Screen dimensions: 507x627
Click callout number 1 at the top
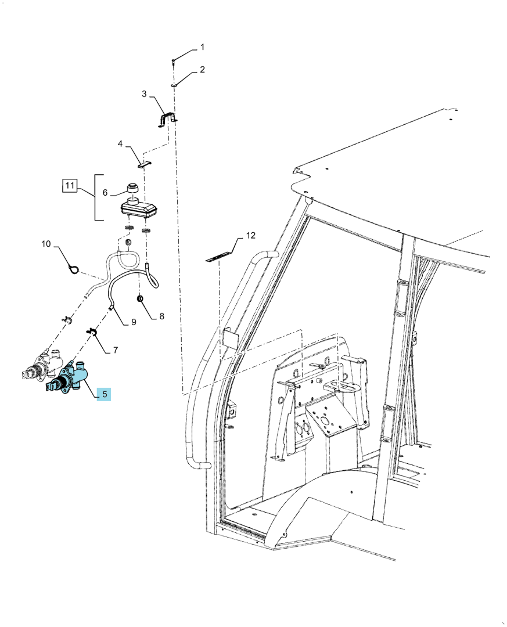pyautogui.click(x=202, y=47)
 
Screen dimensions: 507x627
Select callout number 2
pyautogui.click(x=202, y=70)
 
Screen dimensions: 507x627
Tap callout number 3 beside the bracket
pyautogui.click(x=145, y=94)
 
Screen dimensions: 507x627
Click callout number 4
pyautogui.click(x=120, y=143)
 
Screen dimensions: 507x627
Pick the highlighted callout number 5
pyautogui.click(x=105, y=394)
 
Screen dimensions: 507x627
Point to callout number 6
pyautogui.click(x=105, y=193)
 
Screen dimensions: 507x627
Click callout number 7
pyautogui.click(x=116, y=350)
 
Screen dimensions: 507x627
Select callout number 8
pyautogui.click(x=161, y=316)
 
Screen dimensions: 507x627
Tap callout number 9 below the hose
pyautogui.click(x=134, y=322)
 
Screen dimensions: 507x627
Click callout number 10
pyautogui.click(x=46, y=243)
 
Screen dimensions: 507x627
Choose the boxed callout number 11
pyautogui.click(x=70, y=186)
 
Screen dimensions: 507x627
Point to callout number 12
pyautogui.click(x=250, y=236)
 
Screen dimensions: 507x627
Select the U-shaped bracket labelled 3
pyautogui.click(x=167, y=119)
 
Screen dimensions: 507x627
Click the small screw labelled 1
pyautogui.click(x=173, y=62)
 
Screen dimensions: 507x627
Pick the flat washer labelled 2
pyautogui.click(x=174, y=85)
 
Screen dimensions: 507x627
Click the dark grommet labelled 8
pyautogui.click(x=140, y=299)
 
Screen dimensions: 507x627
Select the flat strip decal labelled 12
pyautogui.click(x=219, y=257)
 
